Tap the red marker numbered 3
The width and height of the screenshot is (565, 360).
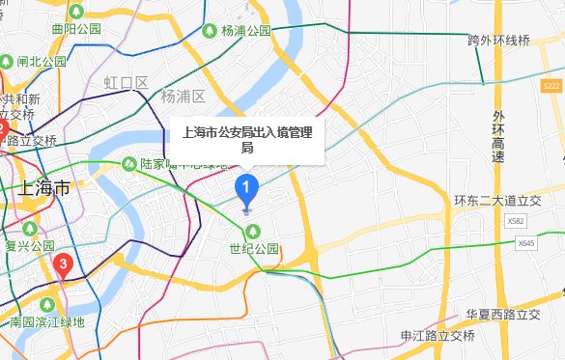tap(64, 263)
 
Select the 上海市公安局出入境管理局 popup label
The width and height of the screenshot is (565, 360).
tap(247, 141)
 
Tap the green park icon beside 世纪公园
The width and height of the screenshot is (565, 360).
tap(254, 231)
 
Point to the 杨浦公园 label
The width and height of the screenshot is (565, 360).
tap(246, 31)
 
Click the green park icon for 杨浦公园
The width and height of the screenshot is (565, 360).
tap(211, 31)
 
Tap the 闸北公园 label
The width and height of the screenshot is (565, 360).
tap(42, 61)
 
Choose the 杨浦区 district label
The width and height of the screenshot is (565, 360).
tap(184, 97)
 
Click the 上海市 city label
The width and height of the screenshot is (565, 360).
tap(44, 187)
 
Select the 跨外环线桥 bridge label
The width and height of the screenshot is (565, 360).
tap(499, 41)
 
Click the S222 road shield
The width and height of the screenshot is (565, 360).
tap(551, 88)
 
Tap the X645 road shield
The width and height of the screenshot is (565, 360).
tap(526, 243)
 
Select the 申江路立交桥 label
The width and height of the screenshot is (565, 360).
tap(438, 335)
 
